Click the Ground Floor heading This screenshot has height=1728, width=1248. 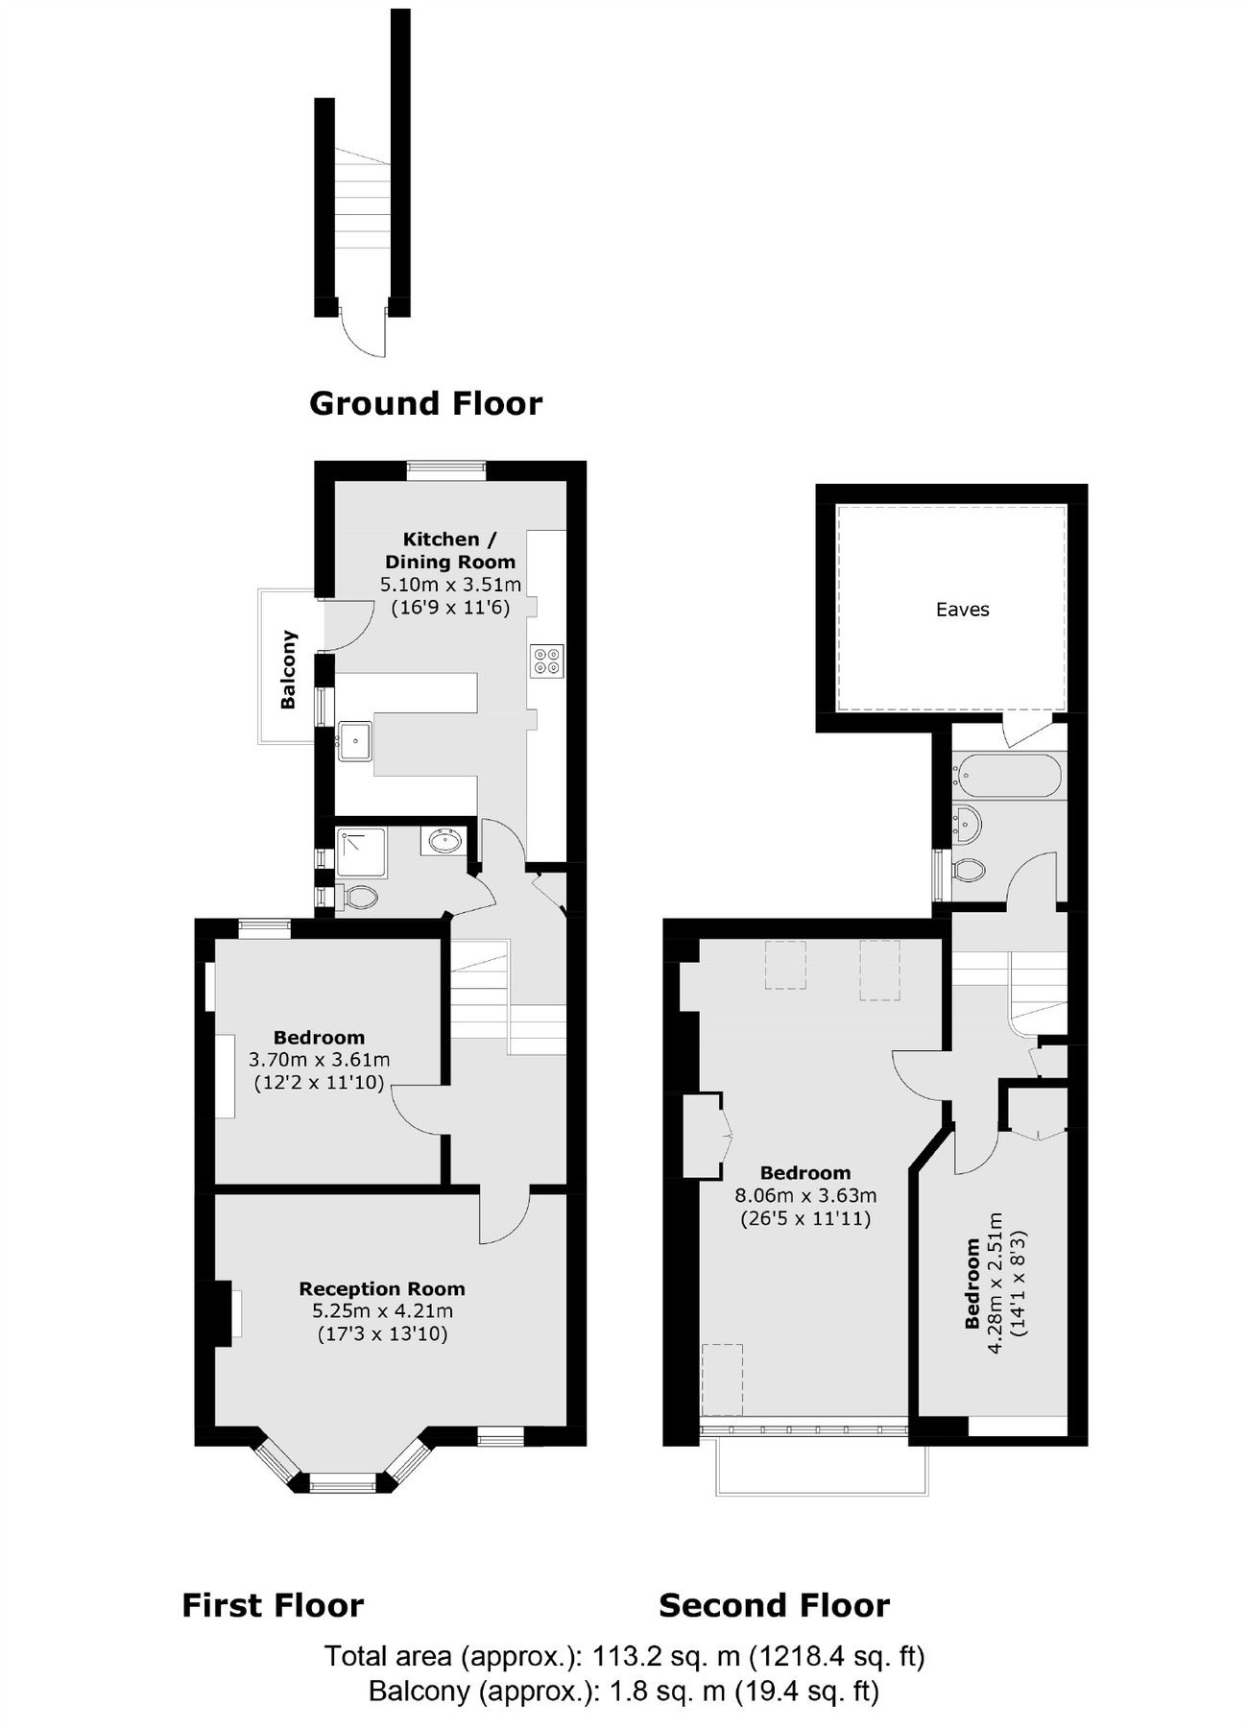[x=425, y=403]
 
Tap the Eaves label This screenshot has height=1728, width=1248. [x=962, y=610]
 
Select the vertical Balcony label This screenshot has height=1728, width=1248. [x=288, y=669]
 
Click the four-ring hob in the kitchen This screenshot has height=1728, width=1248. [x=548, y=660]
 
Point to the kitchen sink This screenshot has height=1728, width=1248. [x=355, y=740]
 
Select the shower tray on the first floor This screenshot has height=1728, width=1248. [x=362, y=852]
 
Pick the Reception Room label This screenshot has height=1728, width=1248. [x=382, y=1289]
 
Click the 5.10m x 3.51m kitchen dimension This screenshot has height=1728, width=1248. [x=450, y=585]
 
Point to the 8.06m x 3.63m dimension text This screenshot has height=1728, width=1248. [x=805, y=1196]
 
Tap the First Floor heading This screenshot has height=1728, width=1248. [x=273, y=1605]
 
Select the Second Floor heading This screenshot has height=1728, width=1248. [x=774, y=1605]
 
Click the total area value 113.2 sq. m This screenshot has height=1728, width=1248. [x=666, y=1656]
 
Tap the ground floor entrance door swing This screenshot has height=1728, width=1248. [x=365, y=336]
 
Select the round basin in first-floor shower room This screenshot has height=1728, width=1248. [x=444, y=842]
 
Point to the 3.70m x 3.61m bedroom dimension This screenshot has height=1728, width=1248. [x=319, y=1060]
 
